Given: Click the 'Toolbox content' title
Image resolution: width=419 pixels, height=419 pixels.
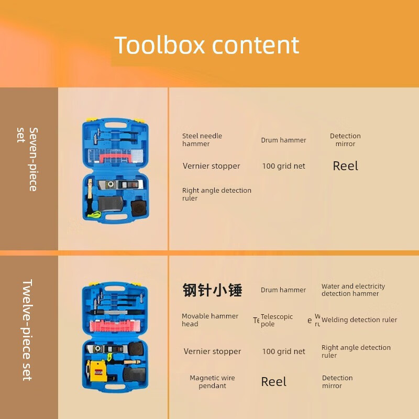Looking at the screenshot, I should [207, 46].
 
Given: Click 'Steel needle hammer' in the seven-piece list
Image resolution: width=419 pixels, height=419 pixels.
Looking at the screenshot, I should [202, 140].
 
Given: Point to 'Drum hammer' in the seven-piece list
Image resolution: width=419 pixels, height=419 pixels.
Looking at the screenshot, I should [283, 140].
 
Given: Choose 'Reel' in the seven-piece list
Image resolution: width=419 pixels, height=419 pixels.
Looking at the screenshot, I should [346, 166].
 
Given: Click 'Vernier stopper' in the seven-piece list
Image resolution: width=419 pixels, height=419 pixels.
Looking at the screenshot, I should [212, 166].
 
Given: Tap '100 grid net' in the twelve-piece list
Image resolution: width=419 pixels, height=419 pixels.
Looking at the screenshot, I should [283, 351].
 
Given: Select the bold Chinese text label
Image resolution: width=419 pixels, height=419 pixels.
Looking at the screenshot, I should [212, 290].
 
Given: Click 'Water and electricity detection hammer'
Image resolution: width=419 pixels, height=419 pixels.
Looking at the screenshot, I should [353, 290].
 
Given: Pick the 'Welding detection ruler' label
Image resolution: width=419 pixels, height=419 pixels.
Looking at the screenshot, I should [359, 320].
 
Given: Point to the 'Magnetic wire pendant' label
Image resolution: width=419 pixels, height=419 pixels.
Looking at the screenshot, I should [212, 382].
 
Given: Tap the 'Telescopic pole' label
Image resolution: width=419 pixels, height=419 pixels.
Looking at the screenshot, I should [277, 320].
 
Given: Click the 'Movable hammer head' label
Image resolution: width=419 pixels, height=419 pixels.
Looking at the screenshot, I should [210, 320].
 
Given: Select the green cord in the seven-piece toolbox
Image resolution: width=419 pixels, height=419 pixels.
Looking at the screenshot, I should [94, 214].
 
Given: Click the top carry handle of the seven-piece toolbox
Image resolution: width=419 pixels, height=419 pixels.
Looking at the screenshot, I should [115, 126].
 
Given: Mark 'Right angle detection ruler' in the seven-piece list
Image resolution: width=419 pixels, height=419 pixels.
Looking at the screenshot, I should [217, 194].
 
